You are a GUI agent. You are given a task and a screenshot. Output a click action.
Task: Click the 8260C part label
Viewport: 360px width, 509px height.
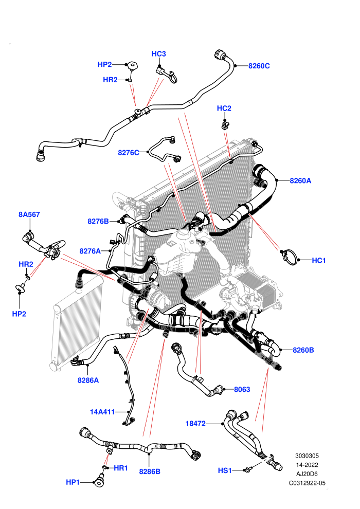point(259,66)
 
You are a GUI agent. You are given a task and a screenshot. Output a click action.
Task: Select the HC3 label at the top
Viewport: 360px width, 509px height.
point(159,54)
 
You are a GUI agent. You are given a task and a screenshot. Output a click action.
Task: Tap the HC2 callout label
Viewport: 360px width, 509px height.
point(224,108)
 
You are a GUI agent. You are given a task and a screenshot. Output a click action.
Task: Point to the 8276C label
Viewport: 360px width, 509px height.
point(129,153)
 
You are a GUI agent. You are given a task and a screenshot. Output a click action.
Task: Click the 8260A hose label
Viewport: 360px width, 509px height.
point(300,181)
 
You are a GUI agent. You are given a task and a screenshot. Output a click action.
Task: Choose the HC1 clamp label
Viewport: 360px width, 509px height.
point(319,260)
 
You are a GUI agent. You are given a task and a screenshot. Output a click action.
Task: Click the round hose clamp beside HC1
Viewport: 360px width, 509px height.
point(289,257)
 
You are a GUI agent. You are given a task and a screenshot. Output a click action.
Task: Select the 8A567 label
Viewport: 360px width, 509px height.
point(29,214)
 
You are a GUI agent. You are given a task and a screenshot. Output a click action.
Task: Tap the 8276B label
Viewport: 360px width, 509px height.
point(98,222)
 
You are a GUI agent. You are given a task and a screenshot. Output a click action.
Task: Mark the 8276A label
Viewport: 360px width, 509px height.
point(90,251)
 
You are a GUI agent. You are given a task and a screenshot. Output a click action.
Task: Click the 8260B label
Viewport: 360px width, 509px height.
point(303,350)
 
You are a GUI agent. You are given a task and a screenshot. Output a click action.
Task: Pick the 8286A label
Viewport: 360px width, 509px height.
point(88,380)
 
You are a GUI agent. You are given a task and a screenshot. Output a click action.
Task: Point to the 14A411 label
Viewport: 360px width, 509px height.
point(102,412)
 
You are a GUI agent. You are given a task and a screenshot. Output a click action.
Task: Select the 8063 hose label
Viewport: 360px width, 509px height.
point(242,390)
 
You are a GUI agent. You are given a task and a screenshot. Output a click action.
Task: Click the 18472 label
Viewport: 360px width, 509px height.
point(195,424)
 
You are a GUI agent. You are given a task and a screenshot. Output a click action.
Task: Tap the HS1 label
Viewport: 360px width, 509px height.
point(225,470)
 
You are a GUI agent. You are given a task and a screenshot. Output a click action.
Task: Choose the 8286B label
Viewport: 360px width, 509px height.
point(150,471)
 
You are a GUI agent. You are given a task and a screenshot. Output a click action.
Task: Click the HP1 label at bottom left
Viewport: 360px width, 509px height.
point(73,482)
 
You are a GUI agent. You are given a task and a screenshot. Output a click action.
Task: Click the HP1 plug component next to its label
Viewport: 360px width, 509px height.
point(99,480)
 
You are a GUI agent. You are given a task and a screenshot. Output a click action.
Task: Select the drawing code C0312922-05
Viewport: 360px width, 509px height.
point(307,483)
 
